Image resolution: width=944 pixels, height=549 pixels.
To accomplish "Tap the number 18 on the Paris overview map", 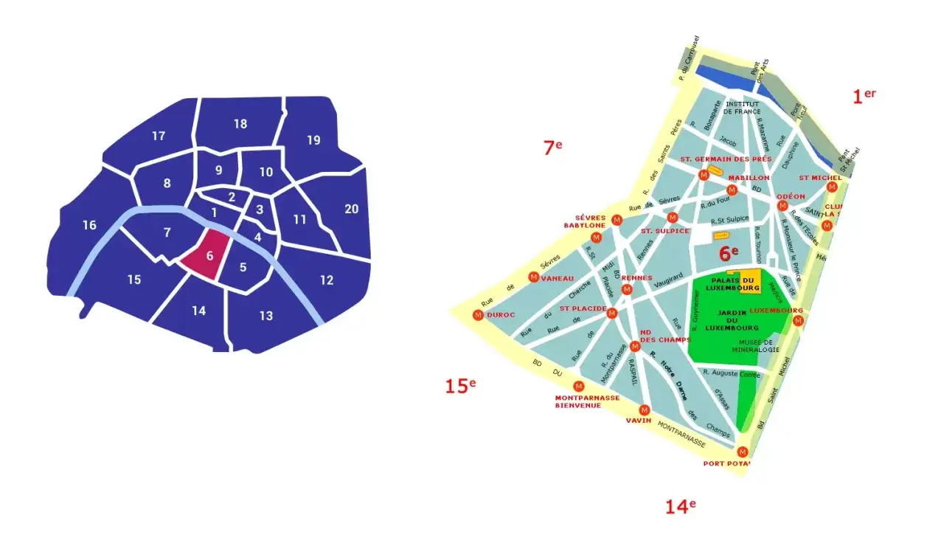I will [x=240, y=124].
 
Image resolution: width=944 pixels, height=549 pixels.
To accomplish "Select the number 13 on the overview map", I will [x=265, y=316].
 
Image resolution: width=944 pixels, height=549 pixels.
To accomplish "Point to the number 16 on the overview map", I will [x=89, y=225].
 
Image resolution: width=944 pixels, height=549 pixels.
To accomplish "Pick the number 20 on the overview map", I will [x=351, y=209].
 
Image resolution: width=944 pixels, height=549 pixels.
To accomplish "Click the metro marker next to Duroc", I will [x=478, y=315].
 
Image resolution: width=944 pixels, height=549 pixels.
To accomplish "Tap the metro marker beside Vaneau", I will [x=533, y=277].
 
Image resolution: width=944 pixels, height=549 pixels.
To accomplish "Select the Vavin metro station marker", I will [x=645, y=410].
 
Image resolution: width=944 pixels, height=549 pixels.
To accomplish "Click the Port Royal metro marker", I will [x=743, y=452].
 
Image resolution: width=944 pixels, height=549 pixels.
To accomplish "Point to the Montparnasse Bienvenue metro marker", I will [x=578, y=386].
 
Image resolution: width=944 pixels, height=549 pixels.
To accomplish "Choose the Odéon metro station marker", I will [x=782, y=205].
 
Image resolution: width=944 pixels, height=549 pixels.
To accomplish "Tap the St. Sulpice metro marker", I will [x=672, y=218].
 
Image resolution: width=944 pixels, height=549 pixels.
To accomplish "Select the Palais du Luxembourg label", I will [x=733, y=284].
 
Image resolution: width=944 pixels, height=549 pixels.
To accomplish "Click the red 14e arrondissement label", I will [x=680, y=507].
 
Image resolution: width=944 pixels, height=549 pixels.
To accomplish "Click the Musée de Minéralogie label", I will [x=757, y=345].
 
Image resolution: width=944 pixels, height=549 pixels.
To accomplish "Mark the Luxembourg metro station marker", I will [x=796, y=321].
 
